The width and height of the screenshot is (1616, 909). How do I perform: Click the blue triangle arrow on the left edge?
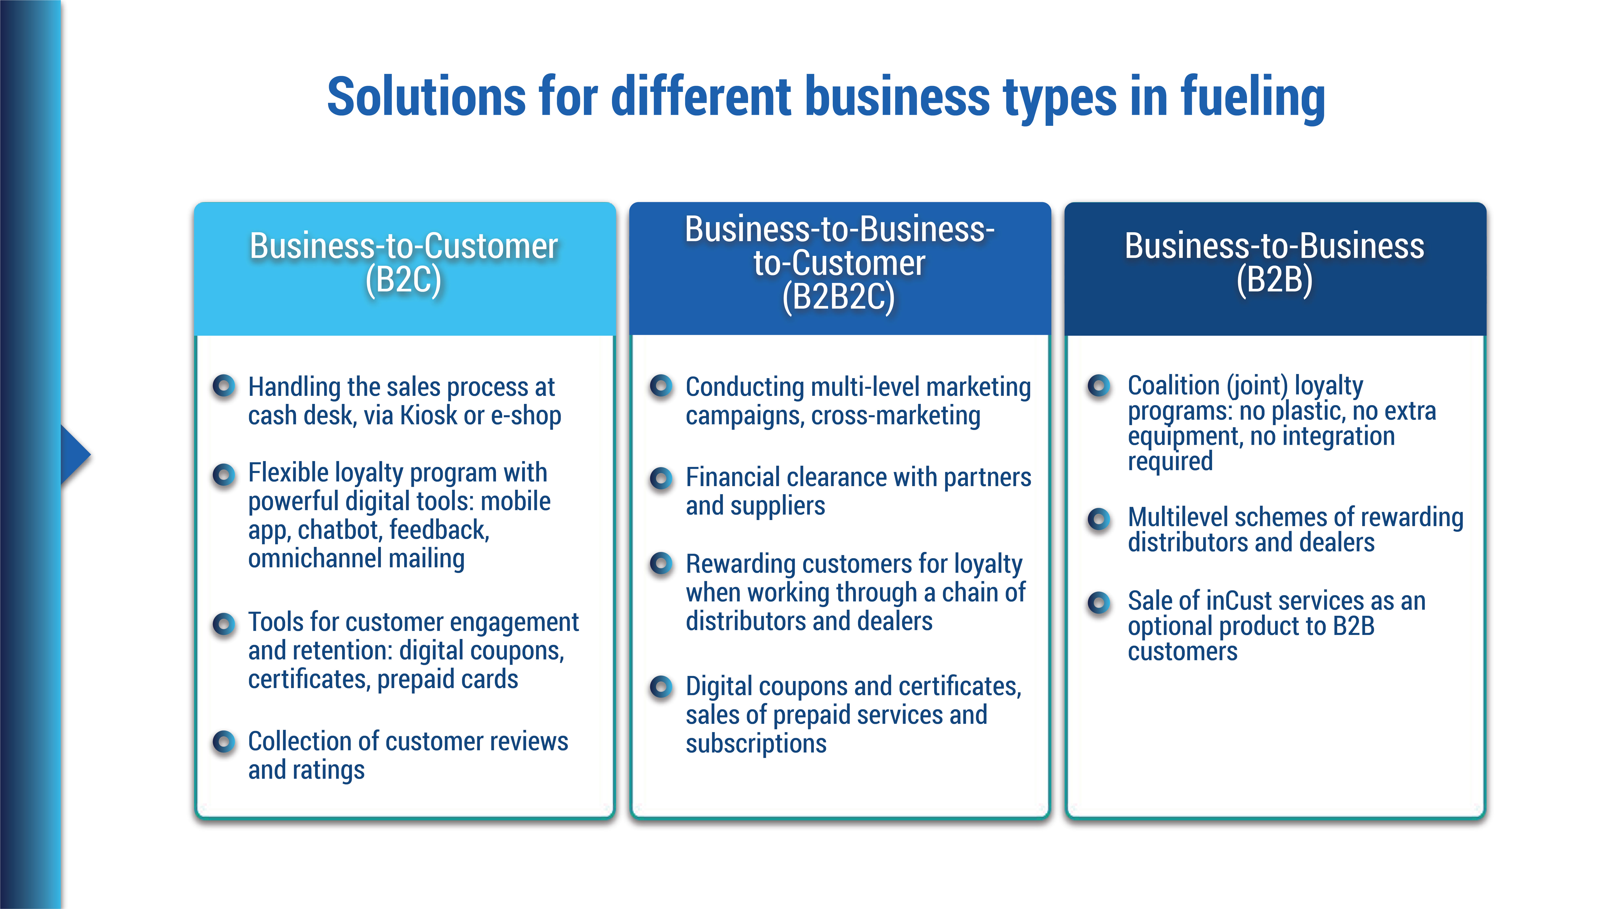pyautogui.click(x=74, y=455)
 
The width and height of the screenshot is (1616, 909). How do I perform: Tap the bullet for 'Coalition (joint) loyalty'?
pyautogui.click(x=1099, y=385)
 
